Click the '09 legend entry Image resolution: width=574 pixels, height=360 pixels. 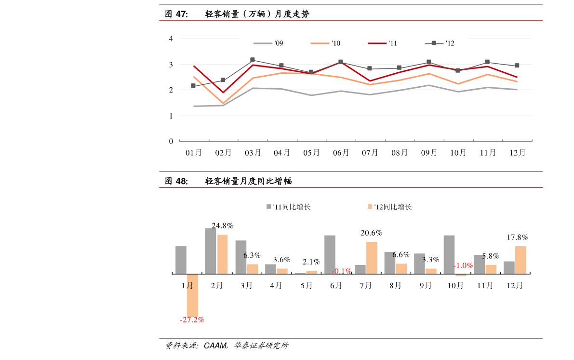click(269, 43)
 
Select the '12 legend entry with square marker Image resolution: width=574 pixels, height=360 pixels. click(440, 43)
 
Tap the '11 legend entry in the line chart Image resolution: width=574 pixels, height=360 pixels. click(383, 43)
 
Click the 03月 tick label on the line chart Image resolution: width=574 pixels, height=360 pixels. click(253, 153)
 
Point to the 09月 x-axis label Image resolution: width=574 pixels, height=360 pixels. click(428, 153)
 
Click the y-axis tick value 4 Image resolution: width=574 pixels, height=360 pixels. click(171, 39)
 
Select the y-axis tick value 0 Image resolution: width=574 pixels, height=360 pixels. click(171, 141)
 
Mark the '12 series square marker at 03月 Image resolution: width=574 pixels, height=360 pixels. click(253, 60)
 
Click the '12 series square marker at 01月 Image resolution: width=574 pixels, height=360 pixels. click(193, 86)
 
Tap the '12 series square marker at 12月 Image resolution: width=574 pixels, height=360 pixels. click(517, 66)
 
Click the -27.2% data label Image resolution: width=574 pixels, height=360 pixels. click(192, 320)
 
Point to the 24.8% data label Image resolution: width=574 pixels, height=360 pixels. click(222, 226)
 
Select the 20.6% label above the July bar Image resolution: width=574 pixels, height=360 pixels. click(371, 233)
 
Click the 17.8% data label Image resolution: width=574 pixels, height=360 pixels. click(517, 237)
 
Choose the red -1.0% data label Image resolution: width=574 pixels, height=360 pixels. click(463, 266)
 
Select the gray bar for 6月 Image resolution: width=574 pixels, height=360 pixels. click(330, 254)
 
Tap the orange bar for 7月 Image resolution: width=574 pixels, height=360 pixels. click(372, 258)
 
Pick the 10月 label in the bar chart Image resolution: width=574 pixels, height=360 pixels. click(455, 285)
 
